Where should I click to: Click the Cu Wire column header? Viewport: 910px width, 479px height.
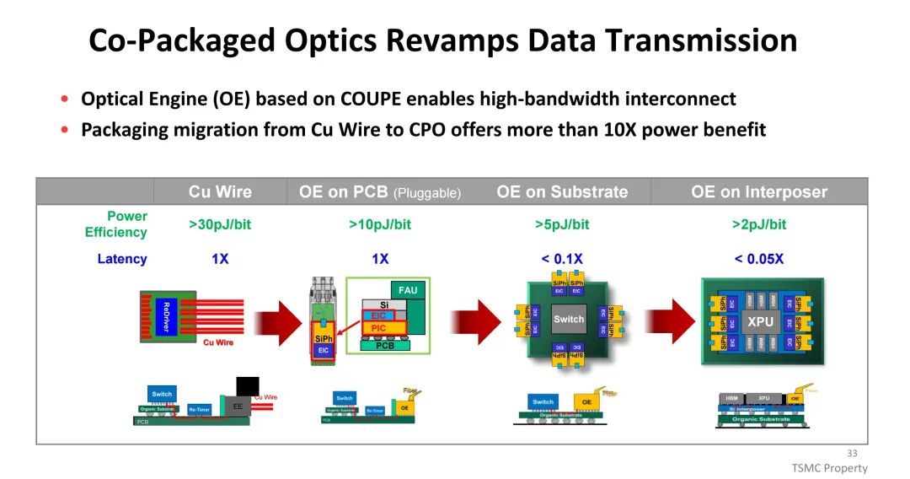[220, 191]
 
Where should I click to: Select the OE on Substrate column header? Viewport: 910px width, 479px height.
[562, 191]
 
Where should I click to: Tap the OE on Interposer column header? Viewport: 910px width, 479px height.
[759, 191]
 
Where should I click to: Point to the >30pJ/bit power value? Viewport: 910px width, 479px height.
[220, 224]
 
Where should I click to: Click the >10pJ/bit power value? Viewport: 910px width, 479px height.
[380, 224]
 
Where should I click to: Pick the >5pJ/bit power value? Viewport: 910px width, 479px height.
[562, 224]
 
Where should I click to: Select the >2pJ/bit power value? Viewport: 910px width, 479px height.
[759, 224]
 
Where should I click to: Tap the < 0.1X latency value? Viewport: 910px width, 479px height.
[562, 259]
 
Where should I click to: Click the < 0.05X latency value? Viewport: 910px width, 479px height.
[759, 259]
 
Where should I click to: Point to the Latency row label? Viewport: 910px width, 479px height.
[122, 259]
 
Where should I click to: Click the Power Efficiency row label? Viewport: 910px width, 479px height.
[115, 224]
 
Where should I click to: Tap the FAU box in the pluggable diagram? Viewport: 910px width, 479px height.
[408, 290]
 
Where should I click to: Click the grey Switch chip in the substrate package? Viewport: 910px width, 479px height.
[568, 319]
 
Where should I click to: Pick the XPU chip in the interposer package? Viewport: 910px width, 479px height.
[760, 321]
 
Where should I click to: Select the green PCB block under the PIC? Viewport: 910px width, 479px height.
[384, 345]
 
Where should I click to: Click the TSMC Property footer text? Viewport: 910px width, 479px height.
[829, 468]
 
